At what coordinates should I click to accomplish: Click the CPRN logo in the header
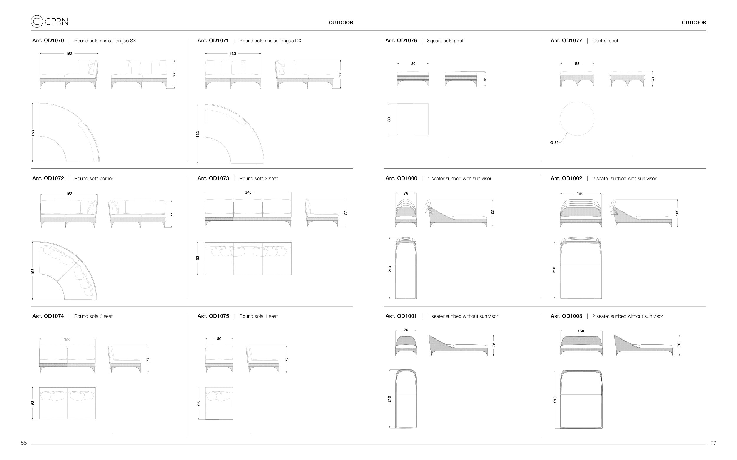(x=49, y=21)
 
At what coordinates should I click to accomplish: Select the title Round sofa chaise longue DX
(x=270, y=41)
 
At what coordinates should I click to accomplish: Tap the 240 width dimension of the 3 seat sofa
(x=248, y=192)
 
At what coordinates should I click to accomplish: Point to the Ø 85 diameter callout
(x=554, y=143)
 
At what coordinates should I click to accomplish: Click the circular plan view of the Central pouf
(x=577, y=119)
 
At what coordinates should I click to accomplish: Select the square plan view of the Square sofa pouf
(x=413, y=119)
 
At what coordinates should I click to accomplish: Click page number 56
(x=24, y=443)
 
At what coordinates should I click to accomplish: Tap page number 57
(x=713, y=443)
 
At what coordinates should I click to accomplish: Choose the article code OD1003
(x=566, y=316)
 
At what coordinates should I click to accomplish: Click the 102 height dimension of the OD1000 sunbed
(x=493, y=213)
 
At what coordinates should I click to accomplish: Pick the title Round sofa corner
(x=93, y=179)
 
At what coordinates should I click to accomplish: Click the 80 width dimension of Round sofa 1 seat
(x=219, y=339)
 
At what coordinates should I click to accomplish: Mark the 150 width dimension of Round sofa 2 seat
(x=67, y=340)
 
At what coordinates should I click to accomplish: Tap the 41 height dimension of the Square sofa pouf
(x=485, y=79)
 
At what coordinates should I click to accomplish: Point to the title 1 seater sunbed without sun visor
(x=463, y=316)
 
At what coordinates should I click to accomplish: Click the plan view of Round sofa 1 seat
(x=219, y=403)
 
